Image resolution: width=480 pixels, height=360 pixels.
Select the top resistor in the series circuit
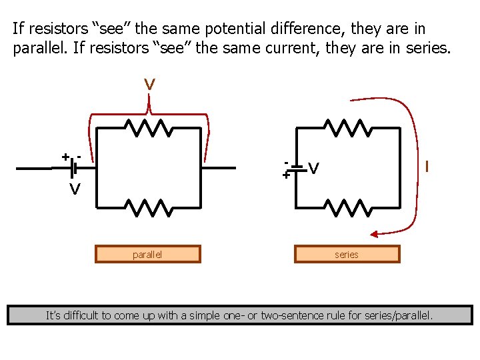pyautogui.click(x=347, y=127)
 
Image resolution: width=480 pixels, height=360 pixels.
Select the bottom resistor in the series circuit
pyautogui.click(x=347, y=208)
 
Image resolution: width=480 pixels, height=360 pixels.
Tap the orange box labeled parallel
pyautogui.click(x=147, y=254)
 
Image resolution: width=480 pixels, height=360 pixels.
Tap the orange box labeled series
pyautogui.click(x=347, y=254)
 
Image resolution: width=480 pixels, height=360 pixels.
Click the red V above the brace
pyautogui.click(x=150, y=85)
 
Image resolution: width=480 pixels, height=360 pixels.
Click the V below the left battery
pyautogui.click(x=76, y=190)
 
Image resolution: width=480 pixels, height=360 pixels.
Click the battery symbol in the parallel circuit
pyautogui.click(x=74, y=169)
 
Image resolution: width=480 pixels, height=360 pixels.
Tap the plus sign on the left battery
pyautogui.click(x=65, y=157)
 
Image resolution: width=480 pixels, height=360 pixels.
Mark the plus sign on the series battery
pyautogui.click(x=285, y=175)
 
